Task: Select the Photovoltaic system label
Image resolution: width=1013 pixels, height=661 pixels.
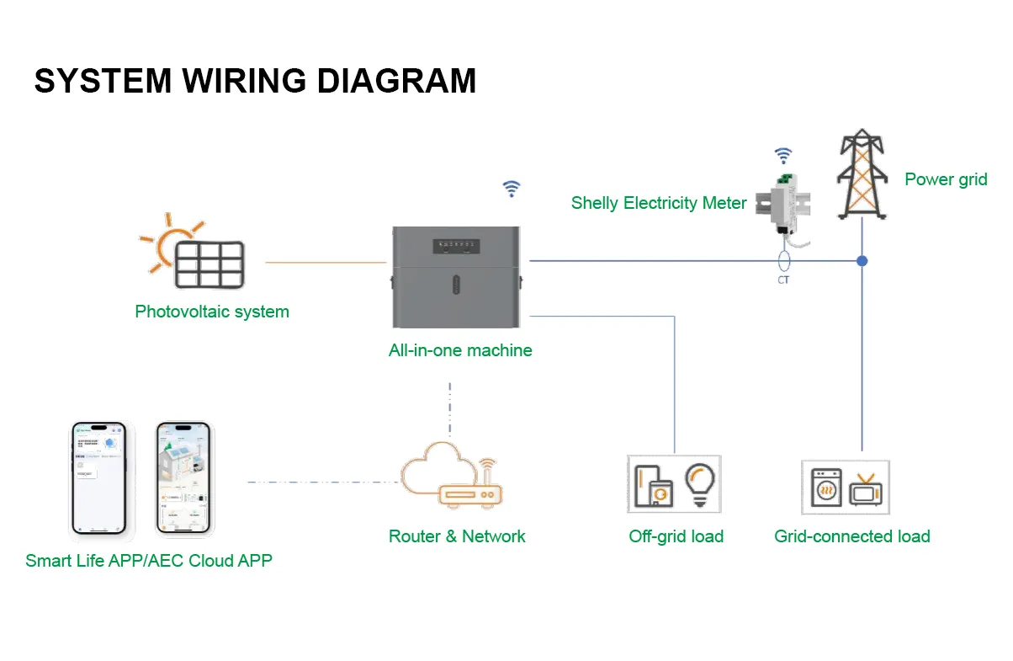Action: [x=212, y=312]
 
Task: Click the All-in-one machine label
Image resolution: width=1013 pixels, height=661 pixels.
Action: [x=460, y=350]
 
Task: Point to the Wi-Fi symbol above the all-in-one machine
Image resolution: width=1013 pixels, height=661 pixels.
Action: [x=511, y=189]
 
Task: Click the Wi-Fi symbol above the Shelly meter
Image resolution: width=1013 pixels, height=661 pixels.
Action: [x=783, y=155]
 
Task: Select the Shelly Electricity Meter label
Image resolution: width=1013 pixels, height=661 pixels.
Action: [x=659, y=203]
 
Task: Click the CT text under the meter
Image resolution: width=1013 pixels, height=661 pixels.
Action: [x=783, y=280]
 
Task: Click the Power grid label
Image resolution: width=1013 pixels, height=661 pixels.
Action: [x=946, y=179]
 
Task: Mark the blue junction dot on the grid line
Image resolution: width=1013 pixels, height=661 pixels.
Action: [x=862, y=261]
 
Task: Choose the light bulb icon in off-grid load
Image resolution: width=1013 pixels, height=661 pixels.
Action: [x=699, y=483]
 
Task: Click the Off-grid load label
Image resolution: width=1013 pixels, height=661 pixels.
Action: [x=676, y=536]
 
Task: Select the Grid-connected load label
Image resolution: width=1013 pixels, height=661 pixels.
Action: [x=852, y=536]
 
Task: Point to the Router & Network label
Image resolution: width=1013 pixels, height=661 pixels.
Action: [x=457, y=536]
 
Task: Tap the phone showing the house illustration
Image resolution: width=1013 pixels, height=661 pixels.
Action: [x=182, y=477]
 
